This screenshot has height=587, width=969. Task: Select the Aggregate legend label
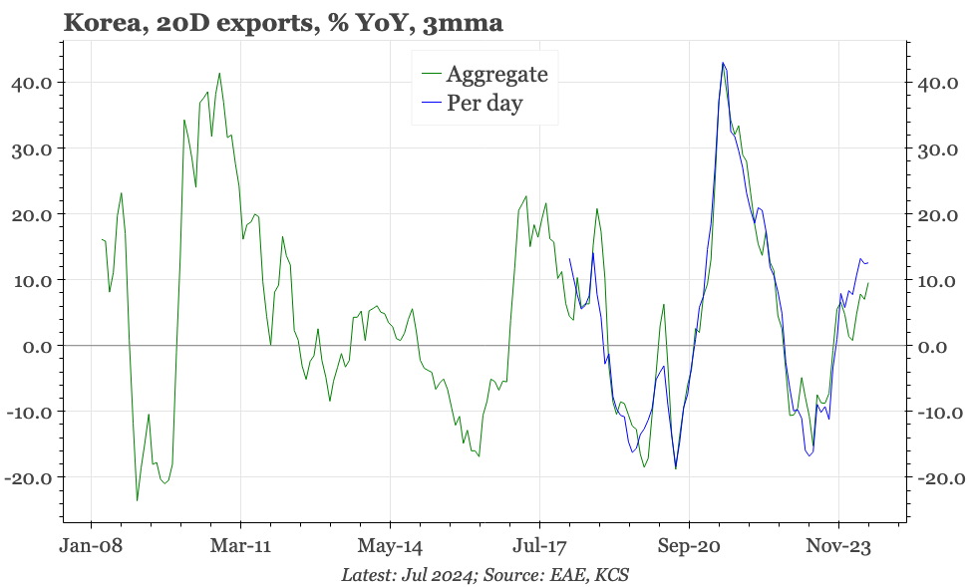(x=496, y=73)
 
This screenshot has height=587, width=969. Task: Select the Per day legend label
(x=484, y=103)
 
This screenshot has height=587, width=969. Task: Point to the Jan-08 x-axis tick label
(x=92, y=546)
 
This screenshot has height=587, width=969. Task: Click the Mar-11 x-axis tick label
(x=241, y=546)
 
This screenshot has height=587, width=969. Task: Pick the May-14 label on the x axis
(x=390, y=546)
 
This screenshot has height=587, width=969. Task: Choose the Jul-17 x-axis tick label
(x=539, y=546)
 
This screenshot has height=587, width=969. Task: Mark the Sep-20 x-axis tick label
(x=689, y=546)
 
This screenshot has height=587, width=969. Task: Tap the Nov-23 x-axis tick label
(x=837, y=546)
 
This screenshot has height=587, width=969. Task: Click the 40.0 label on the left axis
(x=33, y=83)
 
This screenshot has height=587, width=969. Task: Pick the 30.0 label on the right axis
(x=937, y=149)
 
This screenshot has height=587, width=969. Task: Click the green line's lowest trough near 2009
(x=137, y=499)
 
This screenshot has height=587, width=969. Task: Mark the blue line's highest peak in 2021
(x=723, y=63)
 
